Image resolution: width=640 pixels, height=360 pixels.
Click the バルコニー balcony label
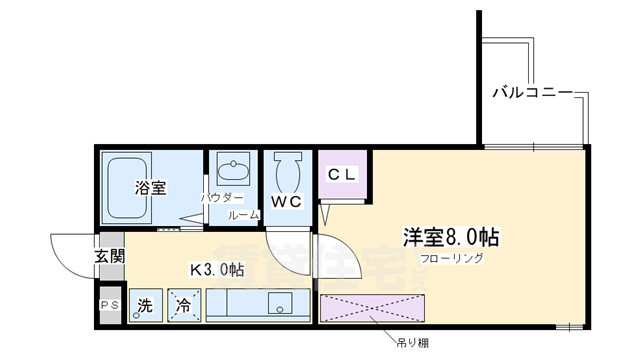click(x=532, y=93)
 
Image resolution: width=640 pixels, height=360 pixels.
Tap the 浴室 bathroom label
click(x=151, y=187)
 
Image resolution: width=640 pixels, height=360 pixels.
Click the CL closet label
click(x=342, y=172)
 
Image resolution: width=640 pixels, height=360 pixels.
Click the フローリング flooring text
click(x=453, y=258)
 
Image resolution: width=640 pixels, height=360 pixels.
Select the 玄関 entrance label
click(x=110, y=256)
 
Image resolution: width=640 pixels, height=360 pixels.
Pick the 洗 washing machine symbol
click(x=146, y=306)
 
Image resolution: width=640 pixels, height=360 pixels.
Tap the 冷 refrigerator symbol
click(x=184, y=306)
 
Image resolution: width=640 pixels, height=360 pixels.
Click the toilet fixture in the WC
click(x=286, y=172)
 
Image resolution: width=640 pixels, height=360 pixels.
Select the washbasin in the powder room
click(x=234, y=167)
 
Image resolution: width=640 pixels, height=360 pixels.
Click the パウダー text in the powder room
click(x=221, y=198)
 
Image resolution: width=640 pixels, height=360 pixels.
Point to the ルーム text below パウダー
click(x=243, y=216)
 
